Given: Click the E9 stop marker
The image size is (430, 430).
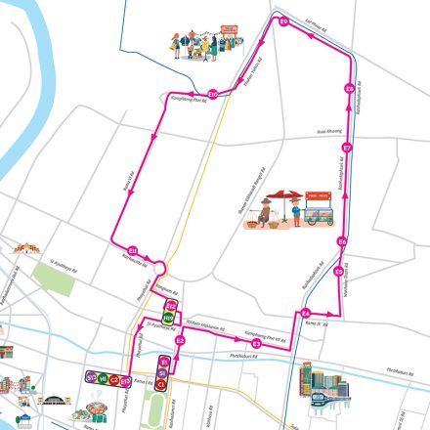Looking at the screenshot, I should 283,21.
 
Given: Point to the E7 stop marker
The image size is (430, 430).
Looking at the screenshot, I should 345,149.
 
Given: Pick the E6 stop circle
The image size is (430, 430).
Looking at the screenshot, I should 342,240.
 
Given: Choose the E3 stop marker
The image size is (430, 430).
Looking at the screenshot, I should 257,343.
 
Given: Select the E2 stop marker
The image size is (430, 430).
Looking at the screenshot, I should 180,340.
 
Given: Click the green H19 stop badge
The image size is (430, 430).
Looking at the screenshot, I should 166,317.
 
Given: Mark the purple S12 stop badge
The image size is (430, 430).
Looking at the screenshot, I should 90,376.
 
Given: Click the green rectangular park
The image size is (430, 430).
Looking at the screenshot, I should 60,281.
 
